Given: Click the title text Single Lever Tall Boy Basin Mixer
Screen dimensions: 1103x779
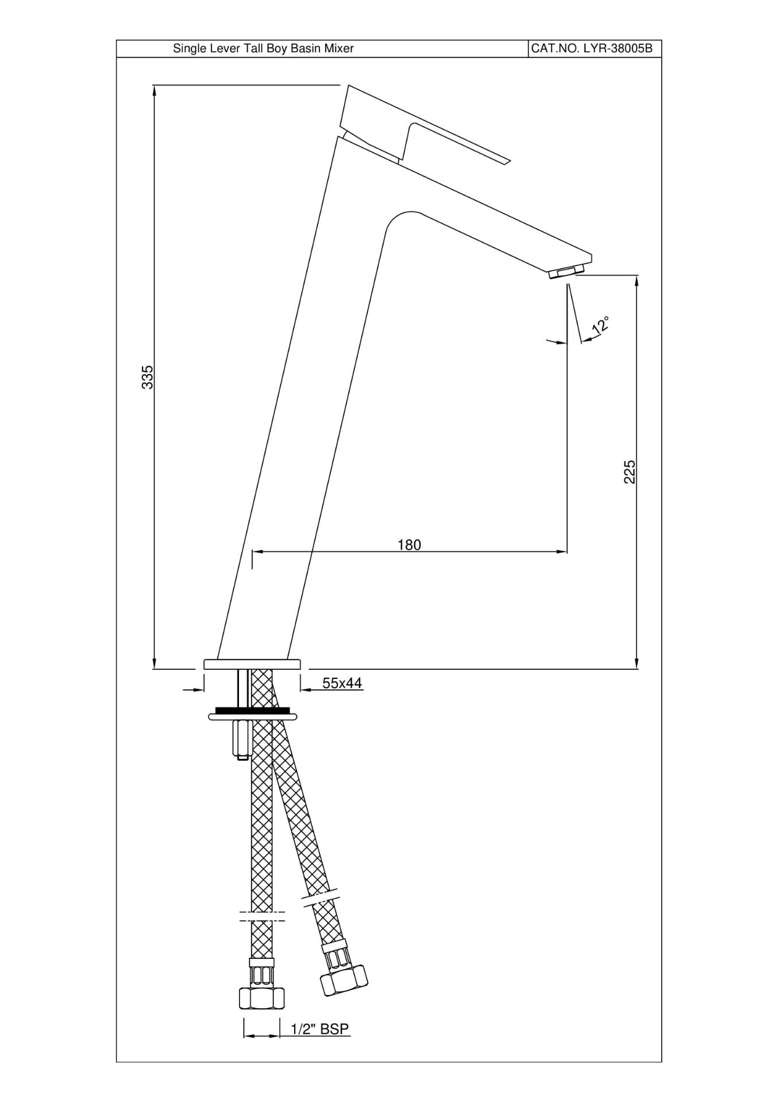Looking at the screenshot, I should coord(263,49).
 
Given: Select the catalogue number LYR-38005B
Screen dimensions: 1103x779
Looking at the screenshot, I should coord(592,49).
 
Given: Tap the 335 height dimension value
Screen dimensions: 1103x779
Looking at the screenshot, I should coord(148,377).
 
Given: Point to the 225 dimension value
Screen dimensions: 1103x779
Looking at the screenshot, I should coord(630,472).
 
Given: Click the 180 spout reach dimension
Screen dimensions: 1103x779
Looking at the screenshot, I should coord(410,545).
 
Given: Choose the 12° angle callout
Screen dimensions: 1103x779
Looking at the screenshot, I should coord(600,326).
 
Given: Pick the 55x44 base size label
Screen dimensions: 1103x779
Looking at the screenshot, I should coord(342,683).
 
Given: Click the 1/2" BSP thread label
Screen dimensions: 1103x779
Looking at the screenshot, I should coord(320,1029).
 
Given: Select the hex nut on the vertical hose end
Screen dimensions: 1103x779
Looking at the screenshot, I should coord(262,998).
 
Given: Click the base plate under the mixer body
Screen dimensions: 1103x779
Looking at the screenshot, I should coord(252,664).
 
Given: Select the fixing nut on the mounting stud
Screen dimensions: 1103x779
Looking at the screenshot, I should coord(240,739).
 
